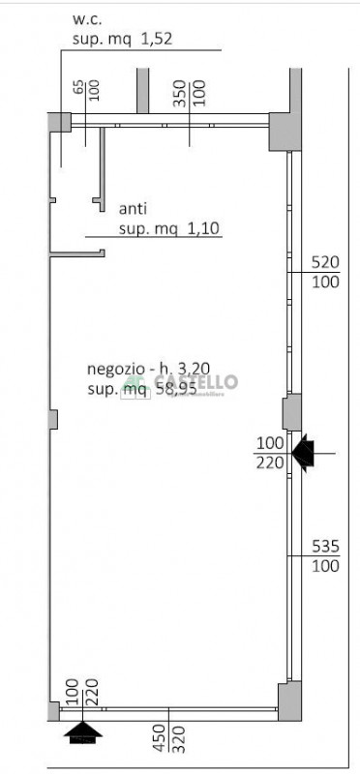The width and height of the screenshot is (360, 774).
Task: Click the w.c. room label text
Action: click(87, 19)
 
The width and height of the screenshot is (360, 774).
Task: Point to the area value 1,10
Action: click(203, 228)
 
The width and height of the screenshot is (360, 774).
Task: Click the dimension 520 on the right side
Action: click(326, 262)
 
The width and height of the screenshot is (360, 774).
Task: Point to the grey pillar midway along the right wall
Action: click(290, 412)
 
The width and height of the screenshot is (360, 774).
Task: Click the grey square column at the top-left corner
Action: click(60, 122)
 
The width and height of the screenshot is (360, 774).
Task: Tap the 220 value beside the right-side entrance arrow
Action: click(270, 461)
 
